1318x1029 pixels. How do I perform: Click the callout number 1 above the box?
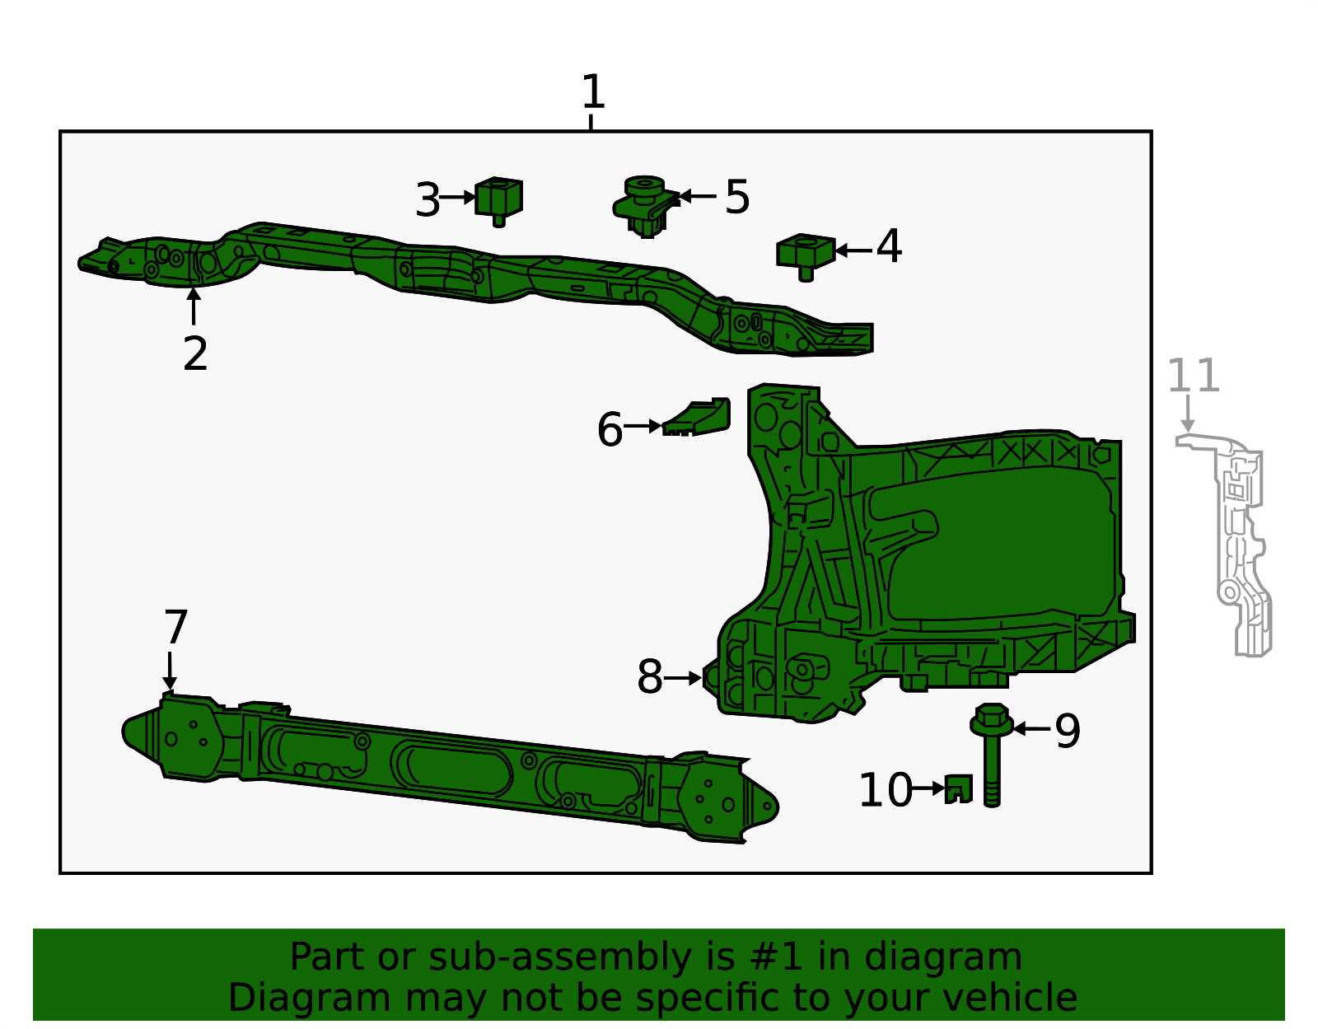[592, 91]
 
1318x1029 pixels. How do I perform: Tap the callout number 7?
[176, 627]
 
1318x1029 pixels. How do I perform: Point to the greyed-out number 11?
[1193, 376]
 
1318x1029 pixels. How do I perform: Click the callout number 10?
[886, 789]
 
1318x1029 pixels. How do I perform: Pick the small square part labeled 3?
[498, 201]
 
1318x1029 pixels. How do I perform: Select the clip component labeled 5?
[645, 206]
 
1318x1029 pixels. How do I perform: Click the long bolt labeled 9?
[991, 755]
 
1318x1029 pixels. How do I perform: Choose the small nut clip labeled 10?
[958, 789]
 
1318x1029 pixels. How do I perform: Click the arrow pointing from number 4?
[853, 250]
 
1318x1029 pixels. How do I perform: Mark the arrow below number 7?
[169, 671]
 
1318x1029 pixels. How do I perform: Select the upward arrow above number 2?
[194, 306]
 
